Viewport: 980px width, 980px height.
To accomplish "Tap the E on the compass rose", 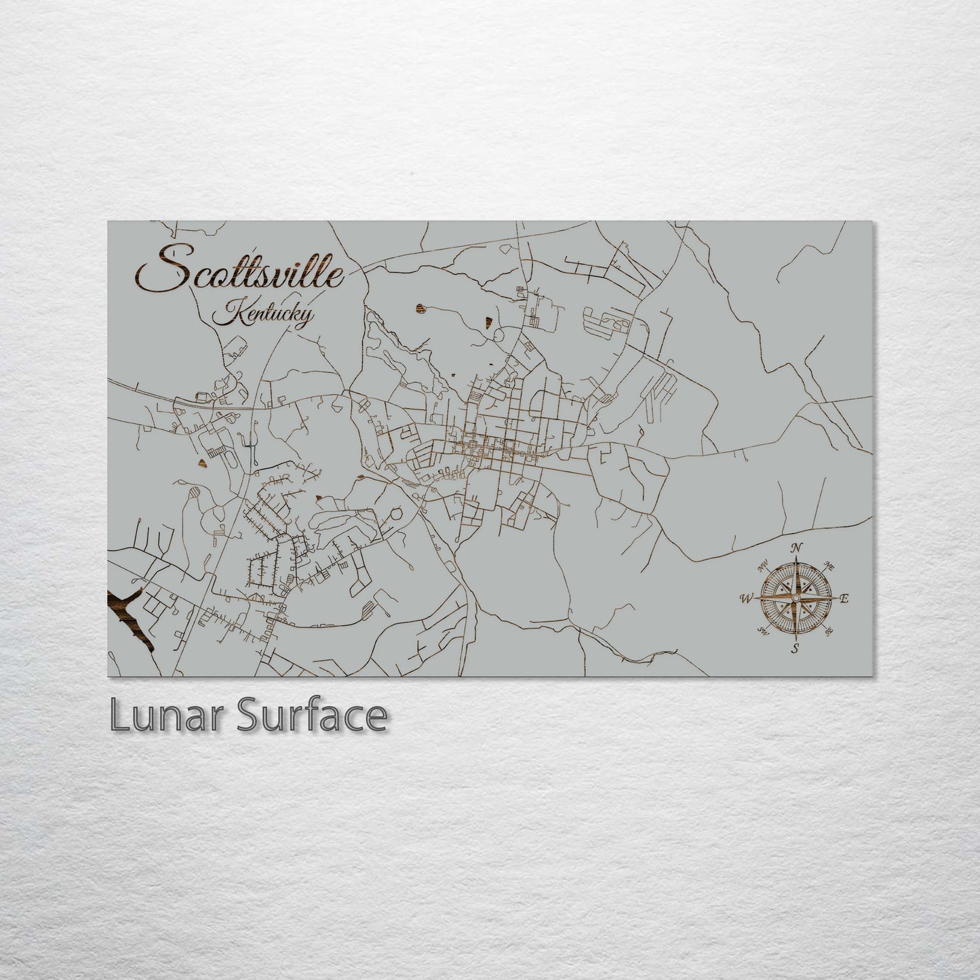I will [x=844, y=599].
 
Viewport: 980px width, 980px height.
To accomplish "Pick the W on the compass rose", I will [x=746, y=598].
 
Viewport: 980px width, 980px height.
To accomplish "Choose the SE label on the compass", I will [x=829, y=632].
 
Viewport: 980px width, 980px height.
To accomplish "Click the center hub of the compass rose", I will [x=796, y=598].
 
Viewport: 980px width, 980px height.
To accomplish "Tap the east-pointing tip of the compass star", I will [x=836, y=598].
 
